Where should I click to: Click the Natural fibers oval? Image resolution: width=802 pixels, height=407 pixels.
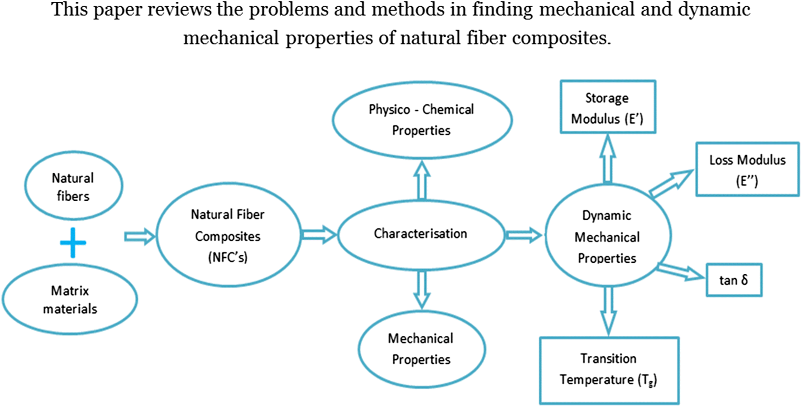[x=73, y=186]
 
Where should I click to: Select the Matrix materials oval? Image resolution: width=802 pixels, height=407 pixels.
[x=70, y=300]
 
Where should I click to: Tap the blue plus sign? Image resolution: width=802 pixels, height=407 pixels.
[x=73, y=242]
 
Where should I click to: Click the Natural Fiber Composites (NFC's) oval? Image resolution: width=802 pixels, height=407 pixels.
[x=228, y=235]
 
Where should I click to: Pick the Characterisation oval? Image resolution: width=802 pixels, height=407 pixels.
[x=420, y=234]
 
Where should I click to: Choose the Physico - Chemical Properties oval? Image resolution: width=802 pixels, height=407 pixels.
[x=422, y=120]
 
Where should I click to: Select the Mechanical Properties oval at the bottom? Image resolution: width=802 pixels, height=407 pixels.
[x=421, y=349]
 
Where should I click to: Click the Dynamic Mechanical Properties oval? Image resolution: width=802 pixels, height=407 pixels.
[x=607, y=236]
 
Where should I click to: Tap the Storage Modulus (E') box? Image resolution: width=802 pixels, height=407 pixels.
[x=607, y=107]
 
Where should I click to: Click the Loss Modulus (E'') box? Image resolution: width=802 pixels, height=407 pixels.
[x=747, y=170]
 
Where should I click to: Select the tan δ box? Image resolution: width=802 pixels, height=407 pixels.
[x=734, y=280]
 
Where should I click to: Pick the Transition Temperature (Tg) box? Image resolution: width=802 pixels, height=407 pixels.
[x=609, y=369]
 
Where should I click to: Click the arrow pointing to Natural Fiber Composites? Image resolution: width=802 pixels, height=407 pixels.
[x=139, y=236]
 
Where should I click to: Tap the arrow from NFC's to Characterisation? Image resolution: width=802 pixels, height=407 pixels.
[x=319, y=234]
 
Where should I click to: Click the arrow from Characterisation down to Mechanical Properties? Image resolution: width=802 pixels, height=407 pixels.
[x=422, y=289]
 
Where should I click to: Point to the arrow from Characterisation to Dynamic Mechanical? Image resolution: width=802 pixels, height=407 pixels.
[x=524, y=235]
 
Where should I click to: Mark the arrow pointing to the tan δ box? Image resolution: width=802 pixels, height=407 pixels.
[x=681, y=271]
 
